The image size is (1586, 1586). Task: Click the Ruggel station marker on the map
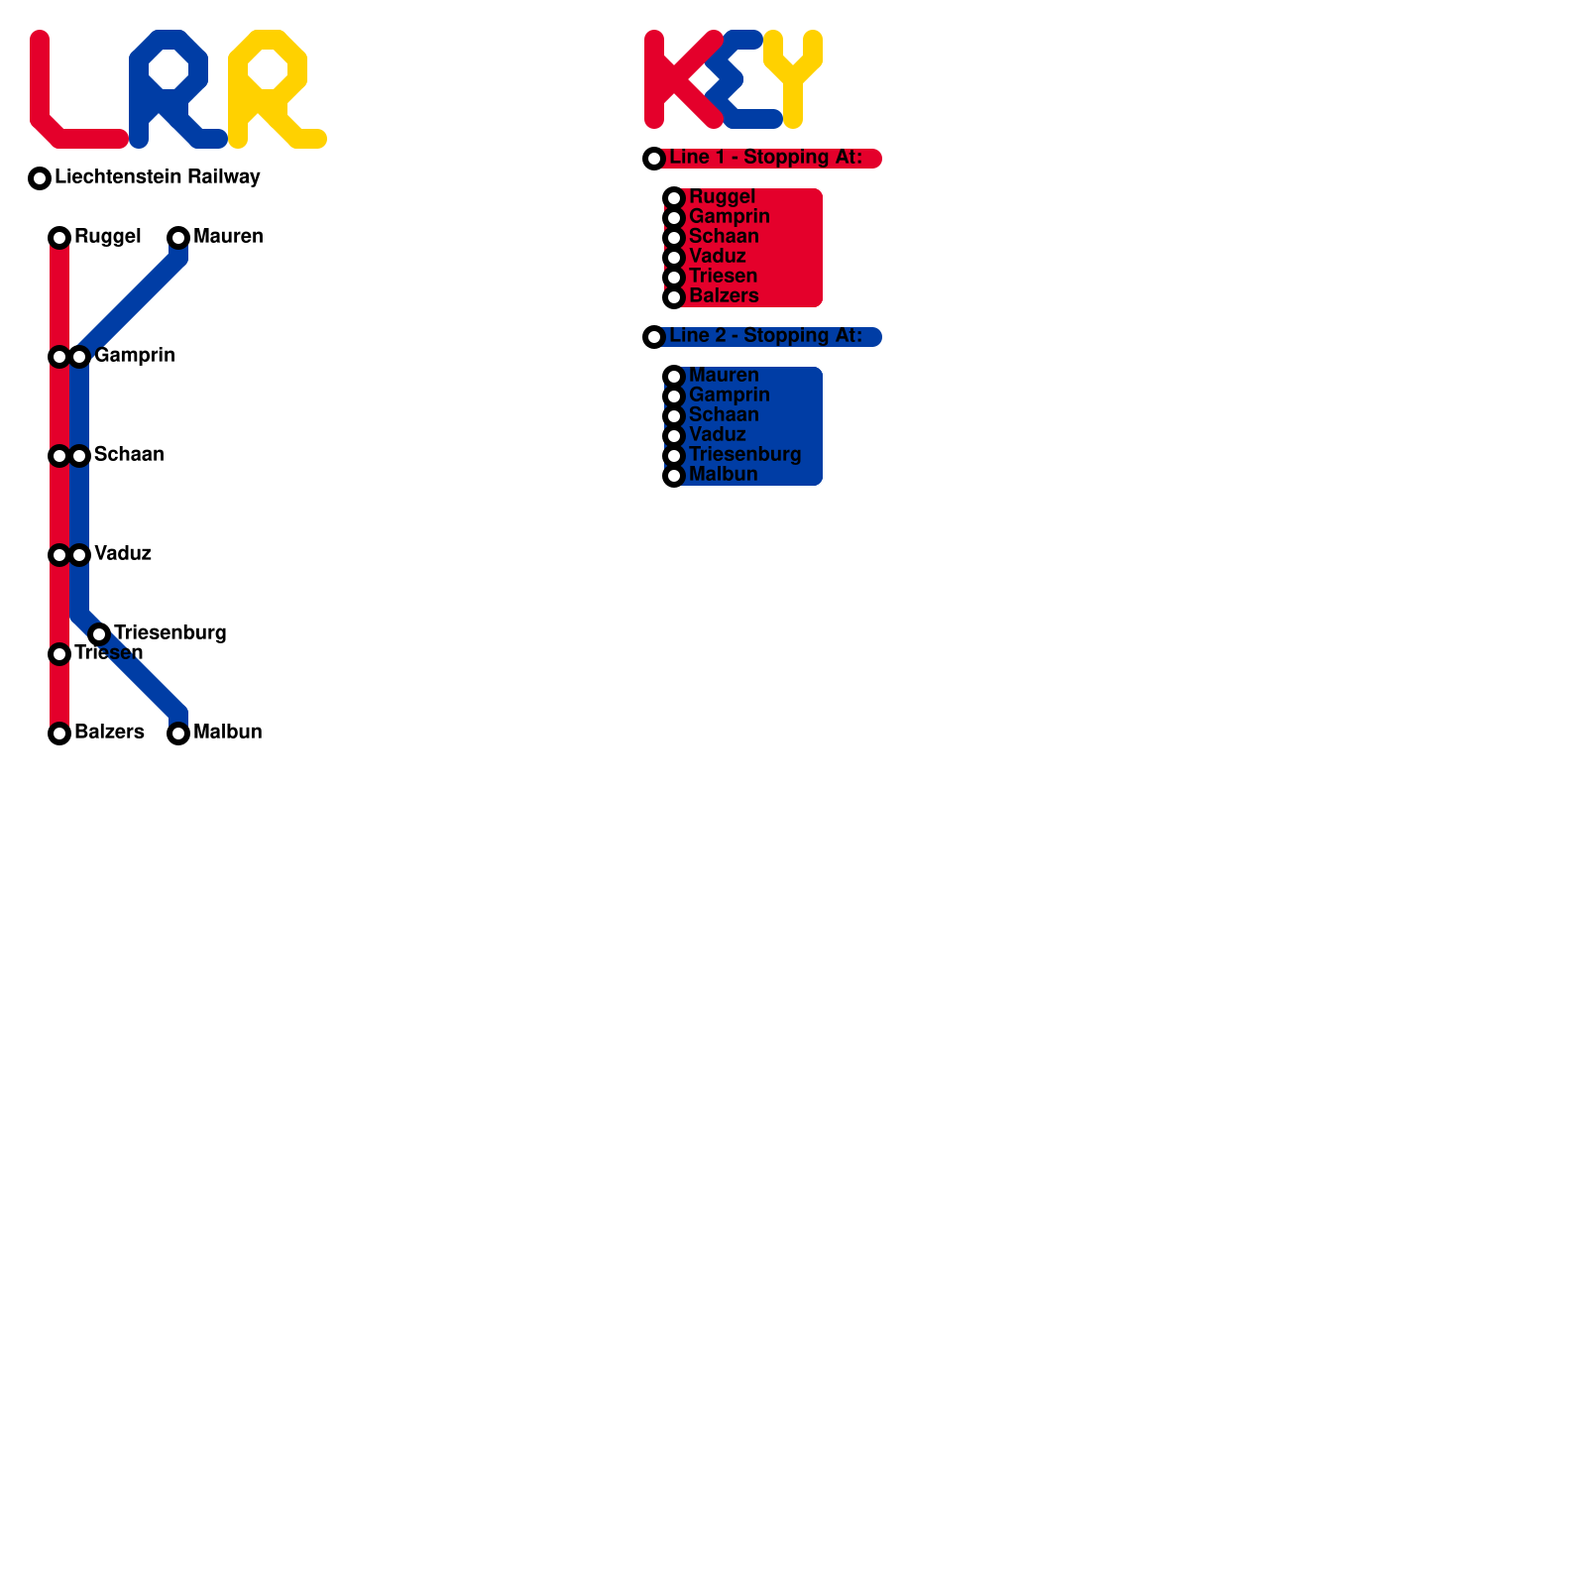59,238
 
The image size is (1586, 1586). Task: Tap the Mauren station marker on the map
178,238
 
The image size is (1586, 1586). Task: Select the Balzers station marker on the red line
59,734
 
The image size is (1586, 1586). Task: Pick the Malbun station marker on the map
178,734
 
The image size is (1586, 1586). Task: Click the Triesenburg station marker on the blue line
99,634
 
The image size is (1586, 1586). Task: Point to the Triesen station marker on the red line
59,654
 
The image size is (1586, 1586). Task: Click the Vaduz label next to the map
123,553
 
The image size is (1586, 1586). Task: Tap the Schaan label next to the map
129,454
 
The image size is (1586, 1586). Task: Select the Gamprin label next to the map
135,355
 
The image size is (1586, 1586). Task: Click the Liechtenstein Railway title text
158,176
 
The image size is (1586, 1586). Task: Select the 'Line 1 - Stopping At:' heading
765,158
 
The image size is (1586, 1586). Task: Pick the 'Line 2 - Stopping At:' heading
765,336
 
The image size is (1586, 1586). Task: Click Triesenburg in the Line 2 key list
744,455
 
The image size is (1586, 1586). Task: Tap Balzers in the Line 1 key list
724,296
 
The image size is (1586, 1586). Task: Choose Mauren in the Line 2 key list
724,376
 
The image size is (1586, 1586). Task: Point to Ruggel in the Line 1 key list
722,197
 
